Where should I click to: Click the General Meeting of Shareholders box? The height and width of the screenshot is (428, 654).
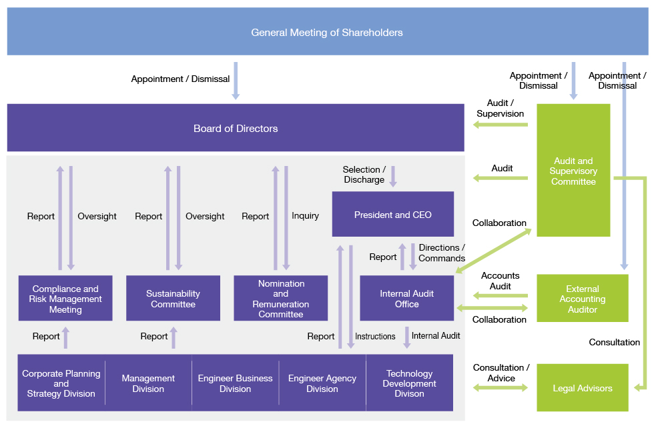coord(327,32)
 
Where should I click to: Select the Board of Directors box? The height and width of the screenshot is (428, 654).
coord(236,128)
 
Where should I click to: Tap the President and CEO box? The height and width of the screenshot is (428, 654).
coord(392,215)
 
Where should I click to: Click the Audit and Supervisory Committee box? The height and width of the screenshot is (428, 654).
coord(573,171)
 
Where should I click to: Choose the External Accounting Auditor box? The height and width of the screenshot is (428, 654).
coord(582,299)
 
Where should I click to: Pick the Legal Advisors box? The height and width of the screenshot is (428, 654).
coord(582,388)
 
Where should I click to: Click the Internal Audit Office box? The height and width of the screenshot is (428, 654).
coord(406,299)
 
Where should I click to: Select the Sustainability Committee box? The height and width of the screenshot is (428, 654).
coord(173,299)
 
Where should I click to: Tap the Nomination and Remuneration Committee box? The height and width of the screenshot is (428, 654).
coord(280,299)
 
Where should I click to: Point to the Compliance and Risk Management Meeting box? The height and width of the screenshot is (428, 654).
coord(65,299)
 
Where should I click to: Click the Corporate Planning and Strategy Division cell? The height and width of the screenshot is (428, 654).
coord(61,383)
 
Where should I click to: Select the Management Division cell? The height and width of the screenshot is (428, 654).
coord(148,383)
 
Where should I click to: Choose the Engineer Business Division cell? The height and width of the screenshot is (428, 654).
coord(235,383)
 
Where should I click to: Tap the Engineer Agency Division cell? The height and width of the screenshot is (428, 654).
coord(322,383)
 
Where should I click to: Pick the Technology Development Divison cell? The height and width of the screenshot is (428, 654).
coord(409,383)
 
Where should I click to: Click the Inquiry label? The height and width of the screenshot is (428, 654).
coord(305,216)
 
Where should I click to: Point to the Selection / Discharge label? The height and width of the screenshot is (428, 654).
coord(364,175)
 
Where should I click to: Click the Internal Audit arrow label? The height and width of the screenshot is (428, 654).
coord(436,335)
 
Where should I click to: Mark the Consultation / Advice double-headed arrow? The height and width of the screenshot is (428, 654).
coord(500,387)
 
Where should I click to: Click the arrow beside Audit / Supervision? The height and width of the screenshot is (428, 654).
coord(500,125)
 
